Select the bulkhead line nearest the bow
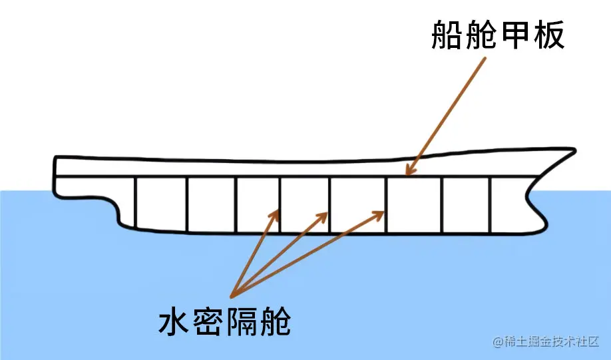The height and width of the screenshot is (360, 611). [x=491, y=205]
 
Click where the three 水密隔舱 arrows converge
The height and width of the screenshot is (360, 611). [x=234, y=294]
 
